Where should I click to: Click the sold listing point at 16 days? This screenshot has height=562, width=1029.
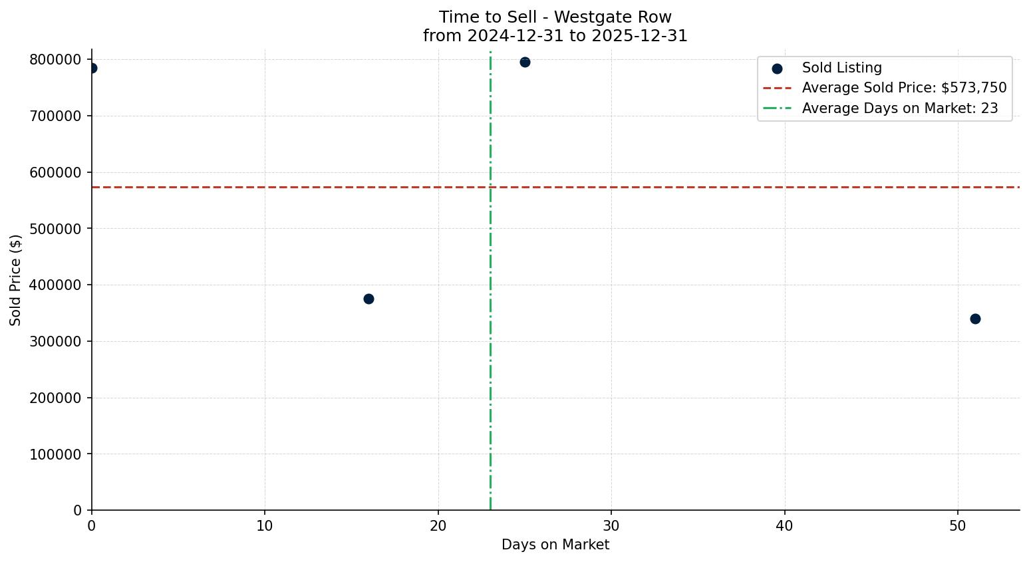click(x=368, y=299)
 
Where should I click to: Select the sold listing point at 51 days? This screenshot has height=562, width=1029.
click(x=975, y=319)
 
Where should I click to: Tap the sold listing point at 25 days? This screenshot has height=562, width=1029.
click(x=525, y=62)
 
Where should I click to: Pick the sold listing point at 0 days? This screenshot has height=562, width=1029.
click(x=92, y=68)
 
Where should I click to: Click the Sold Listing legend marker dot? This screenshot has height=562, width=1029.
click(x=777, y=69)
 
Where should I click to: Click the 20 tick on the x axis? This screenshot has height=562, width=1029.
click(x=438, y=525)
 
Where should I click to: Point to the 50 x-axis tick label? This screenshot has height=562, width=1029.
click(x=958, y=525)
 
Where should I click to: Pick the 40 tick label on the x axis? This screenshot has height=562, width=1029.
click(x=784, y=525)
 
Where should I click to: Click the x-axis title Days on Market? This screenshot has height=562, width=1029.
click(x=555, y=545)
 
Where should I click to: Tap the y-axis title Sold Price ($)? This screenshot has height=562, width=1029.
click(x=16, y=280)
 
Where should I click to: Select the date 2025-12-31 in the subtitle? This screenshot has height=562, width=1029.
click(x=639, y=36)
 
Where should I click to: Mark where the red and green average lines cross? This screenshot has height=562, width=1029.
click(x=490, y=187)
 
